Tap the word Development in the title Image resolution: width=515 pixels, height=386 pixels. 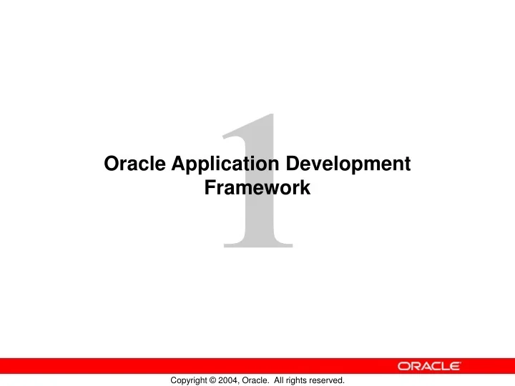(x=348, y=164)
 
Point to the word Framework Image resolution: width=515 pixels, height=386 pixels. (x=257, y=189)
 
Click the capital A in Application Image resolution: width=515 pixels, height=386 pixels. (x=178, y=164)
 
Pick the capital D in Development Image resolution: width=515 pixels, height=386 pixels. (x=292, y=164)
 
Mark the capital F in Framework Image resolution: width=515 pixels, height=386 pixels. (x=210, y=189)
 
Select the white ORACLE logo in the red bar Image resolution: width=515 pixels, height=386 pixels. (x=429, y=366)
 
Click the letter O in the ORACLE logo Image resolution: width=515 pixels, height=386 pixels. (x=404, y=366)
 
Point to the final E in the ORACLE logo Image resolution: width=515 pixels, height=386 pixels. (x=455, y=366)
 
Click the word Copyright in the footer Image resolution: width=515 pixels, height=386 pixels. (x=191, y=381)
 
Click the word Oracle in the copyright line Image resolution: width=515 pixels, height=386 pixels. (x=263, y=381)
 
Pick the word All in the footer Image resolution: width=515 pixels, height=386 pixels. (x=288, y=381)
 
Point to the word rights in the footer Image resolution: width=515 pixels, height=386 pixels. (x=308, y=381)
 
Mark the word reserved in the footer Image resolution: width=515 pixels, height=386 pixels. (x=335, y=381)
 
